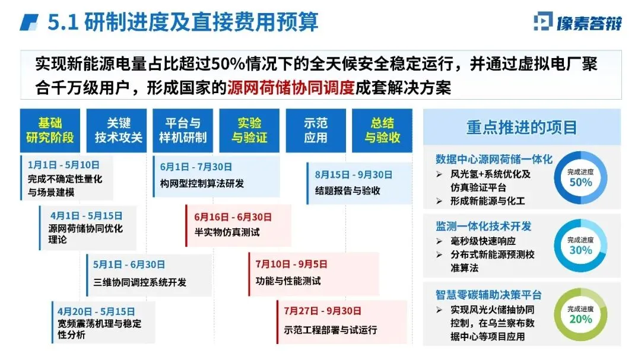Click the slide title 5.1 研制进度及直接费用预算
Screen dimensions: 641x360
[183, 22]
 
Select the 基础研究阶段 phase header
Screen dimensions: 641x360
[50, 130]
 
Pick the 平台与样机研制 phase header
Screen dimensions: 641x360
[183, 130]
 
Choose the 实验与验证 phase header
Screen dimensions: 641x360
[249, 130]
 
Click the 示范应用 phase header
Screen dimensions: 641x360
[315, 130]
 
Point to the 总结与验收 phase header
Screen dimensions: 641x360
[382, 130]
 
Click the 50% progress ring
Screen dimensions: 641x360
[580, 178]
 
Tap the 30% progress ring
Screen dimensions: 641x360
[580, 246]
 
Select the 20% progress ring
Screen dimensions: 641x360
[580, 314]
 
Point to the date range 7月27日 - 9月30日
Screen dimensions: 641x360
[323, 311]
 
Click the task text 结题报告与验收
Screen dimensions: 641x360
[348, 191]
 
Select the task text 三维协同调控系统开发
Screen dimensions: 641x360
[140, 282]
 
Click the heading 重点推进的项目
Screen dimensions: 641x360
[521, 128]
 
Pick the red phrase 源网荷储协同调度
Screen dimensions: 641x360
[290, 88]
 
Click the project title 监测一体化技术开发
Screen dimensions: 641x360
[483, 226]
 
